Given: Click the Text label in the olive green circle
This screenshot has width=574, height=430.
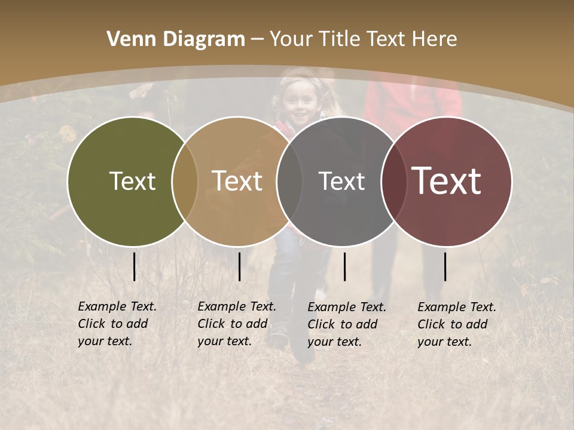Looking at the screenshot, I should click(x=132, y=181).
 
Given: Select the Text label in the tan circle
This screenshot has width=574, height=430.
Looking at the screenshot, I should click(x=237, y=181).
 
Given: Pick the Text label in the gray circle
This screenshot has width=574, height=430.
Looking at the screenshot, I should click(x=341, y=181).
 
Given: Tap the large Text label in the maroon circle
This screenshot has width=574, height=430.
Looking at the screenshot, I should click(x=447, y=181).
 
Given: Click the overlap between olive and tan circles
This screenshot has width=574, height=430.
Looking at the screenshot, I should click(x=185, y=181).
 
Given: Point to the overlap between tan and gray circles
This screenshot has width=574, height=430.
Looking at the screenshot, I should click(x=289, y=181).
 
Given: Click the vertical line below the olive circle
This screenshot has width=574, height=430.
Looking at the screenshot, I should click(x=134, y=266).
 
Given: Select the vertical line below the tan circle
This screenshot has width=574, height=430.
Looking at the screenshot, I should click(x=239, y=266).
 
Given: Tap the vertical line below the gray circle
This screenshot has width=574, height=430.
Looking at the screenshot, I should click(x=344, y=266).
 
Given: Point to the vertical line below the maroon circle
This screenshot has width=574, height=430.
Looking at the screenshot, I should click(x=445, y=266).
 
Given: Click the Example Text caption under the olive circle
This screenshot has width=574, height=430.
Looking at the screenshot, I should click(x=117, y=324).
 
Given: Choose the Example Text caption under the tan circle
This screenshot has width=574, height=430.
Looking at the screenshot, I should click(x=237, y=324).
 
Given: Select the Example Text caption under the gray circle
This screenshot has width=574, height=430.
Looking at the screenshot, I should click(x=347, y=324).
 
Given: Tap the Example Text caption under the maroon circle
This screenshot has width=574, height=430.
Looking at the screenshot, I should click(x=457, y=324).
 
